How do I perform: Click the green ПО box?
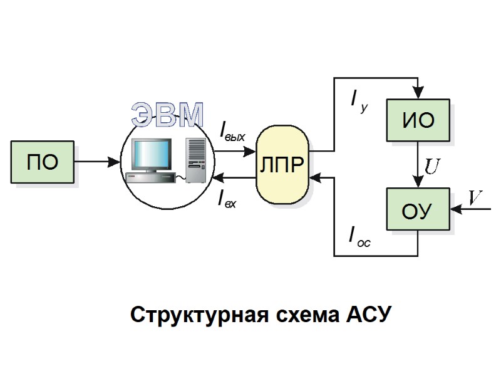click(43, 162)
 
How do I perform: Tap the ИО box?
click(418, 120)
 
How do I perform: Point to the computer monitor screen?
click(149, 152)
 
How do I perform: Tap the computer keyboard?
click(150, 179)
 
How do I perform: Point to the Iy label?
click(359, 100)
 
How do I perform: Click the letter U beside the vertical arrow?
click(432, 166)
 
